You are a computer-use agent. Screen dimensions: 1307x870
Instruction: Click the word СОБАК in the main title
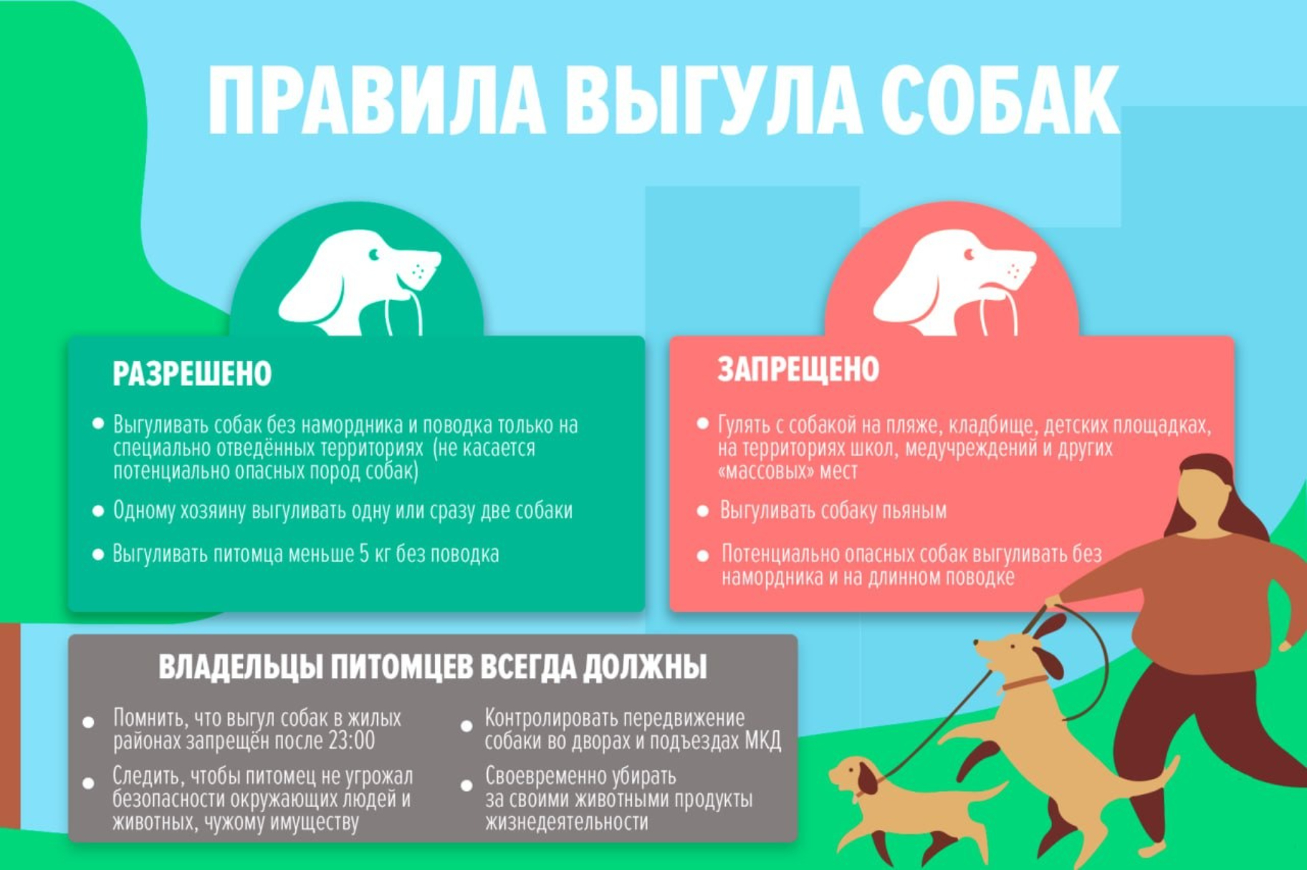coord(1000,100)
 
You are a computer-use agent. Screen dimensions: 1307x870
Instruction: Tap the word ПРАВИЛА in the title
coord(376,100)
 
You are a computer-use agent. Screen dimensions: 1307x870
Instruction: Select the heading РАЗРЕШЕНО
coord(192,374)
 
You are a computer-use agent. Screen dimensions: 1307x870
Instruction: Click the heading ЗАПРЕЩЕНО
coord(798,369)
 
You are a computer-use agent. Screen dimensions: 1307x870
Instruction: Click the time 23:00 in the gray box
coord(351,740)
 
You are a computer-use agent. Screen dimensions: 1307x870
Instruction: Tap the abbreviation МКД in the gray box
coord(762,740)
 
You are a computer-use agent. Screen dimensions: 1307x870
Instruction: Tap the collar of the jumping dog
coord(1024,682)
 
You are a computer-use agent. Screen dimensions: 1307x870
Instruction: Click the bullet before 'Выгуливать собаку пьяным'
coord(703,511)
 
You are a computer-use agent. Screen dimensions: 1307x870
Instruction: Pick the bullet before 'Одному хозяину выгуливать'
coord(98,511)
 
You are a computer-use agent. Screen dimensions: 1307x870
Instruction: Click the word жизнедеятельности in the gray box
coord(567,821)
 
